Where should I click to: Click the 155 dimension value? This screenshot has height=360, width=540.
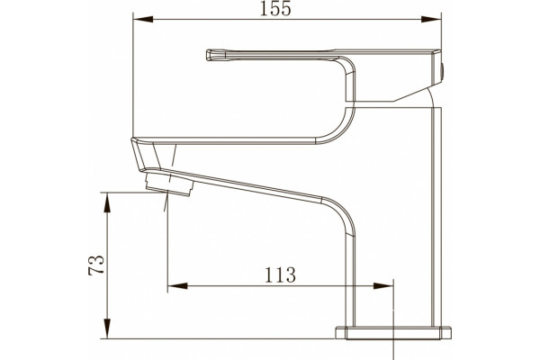pos(275,8)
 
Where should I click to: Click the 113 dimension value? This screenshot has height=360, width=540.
pos(280,274)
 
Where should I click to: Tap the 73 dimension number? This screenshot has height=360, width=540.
pos(96,265)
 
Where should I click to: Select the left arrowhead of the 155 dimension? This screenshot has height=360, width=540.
pos(143,19)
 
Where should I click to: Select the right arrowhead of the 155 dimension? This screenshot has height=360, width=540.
pos(431,19)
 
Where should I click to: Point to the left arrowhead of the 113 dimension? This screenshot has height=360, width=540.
pos(177,286)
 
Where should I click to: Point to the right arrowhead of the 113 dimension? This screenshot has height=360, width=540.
pos(383,286)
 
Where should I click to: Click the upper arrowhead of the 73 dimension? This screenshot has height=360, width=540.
pos(108,202)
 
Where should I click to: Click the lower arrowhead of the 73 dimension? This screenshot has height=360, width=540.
pos(108,328)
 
